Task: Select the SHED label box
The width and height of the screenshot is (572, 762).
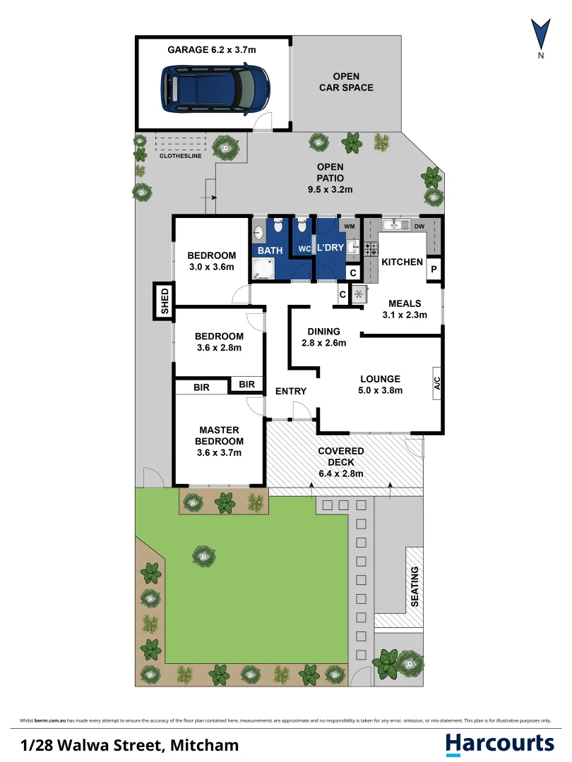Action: tap(164, 301)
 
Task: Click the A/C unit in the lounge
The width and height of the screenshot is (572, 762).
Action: tap(437, 383)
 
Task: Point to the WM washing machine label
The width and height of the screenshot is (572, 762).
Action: tap(350, 226)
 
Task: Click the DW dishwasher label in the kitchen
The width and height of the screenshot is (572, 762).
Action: tap(419, 226)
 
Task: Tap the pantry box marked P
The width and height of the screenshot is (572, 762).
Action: tap(434, 269)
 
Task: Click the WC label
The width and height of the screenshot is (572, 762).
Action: tap(304, 249)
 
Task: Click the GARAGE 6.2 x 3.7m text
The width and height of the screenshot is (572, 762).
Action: tap(212, 49)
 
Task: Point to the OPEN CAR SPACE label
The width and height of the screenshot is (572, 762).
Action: tap(346, 82)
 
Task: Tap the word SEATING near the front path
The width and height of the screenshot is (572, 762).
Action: tap(415, 586)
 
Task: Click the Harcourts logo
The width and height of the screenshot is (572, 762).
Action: tap(500, 744)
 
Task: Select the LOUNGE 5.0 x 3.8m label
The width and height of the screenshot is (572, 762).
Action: tap(381, 385)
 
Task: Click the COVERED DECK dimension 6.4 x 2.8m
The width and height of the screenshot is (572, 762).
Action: tap(341, 473)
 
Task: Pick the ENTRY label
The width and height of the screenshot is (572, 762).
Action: tap(291, 391)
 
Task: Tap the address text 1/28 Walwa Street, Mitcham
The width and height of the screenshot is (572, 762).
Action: tap(130, 745)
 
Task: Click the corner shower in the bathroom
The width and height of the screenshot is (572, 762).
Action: tap(263, 269)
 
